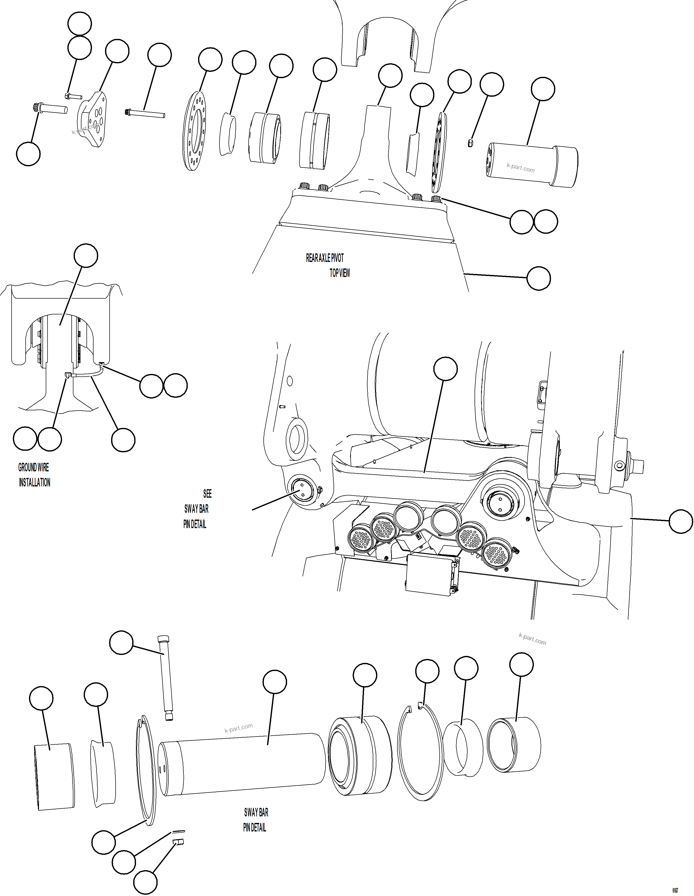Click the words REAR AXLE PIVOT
pyautogui.click(x=325, y=258)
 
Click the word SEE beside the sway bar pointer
pyautogui.click(x=207, y=493)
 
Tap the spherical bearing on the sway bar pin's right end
pyautogui.click(x=360, y=755)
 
